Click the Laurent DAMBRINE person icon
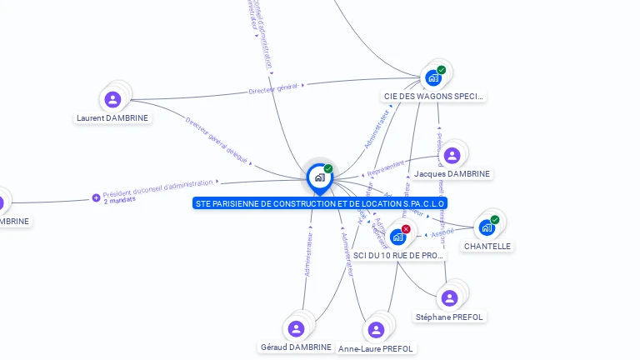[x=112, y=100]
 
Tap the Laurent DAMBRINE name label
[x=112, y=118]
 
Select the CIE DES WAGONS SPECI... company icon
[x=433, y=78]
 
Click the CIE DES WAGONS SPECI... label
[x=433, y=97]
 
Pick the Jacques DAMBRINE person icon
[x=452, y=156]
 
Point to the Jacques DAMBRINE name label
[x=452, y=174]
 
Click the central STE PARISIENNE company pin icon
[x=319, y=177]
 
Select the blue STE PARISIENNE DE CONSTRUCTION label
[x=320, y=203]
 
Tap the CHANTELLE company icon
[x=487, y=227]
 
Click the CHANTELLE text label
[x=487, y=247]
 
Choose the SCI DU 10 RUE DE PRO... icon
[x=397, y=237]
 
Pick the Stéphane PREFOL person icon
[x=449, y=298]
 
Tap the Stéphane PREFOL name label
[x=450, y=317]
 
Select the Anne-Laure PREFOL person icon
[x=376, y=329]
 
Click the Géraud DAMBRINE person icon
[x=296, y=328]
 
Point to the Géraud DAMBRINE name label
[x=296, y=347]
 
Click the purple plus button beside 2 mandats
[x=96, y=198]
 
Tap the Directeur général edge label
[x=273, y=88]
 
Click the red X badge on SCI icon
[x=406, y=229]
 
